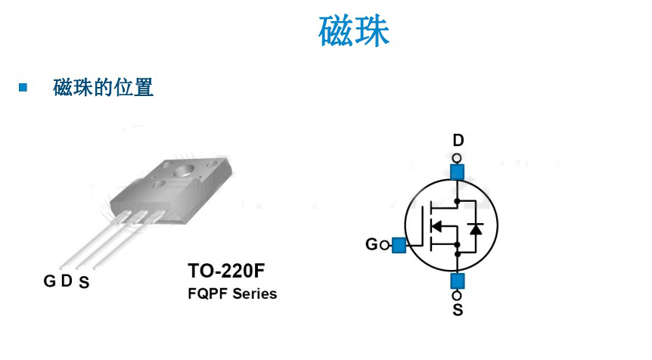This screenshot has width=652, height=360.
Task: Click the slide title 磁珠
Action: coord(354,32)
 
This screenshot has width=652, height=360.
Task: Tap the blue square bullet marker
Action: coord(23,88)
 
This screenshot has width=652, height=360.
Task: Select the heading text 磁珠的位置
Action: coord(104,88)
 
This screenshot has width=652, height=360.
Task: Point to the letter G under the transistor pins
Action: coord(49,281)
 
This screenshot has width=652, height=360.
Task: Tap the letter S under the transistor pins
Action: coord(84,285)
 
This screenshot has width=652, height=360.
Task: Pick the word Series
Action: coord(255,293)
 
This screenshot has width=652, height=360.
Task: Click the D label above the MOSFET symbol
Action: coord(458,141)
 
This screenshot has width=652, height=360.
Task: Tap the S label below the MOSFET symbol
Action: coord(458,311)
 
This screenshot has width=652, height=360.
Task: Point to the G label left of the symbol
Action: coord(371,244)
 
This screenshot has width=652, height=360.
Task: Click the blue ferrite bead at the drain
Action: coord(457,171)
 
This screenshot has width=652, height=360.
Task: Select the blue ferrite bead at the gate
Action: coord(399,244)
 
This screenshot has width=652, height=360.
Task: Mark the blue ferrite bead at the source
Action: coord(457,281)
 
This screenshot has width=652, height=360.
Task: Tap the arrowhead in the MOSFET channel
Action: coord(436,225)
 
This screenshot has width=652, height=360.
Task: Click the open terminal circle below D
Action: coord(457,157)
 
